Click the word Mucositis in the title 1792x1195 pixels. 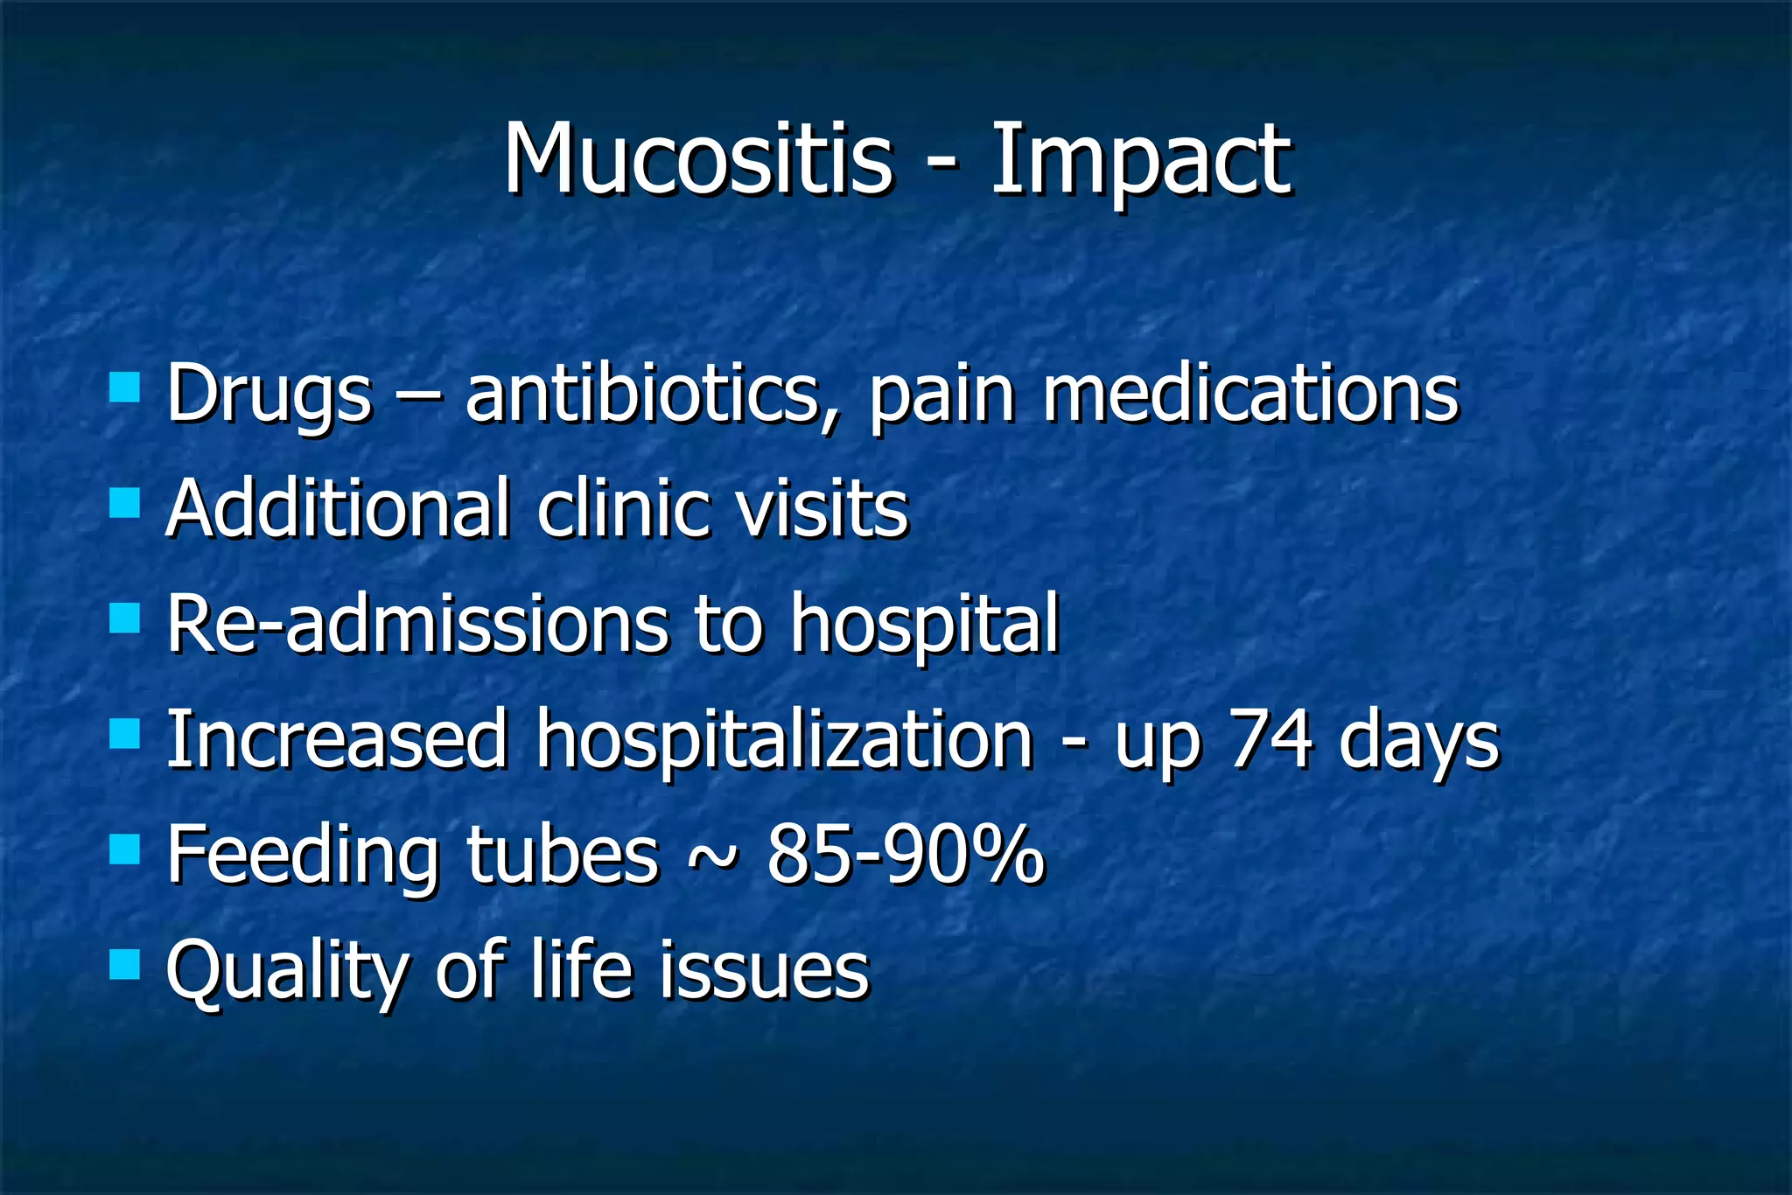[697, 159]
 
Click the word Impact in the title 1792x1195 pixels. [1139, 161]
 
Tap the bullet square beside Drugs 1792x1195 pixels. [125, 387]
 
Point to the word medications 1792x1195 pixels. [1250, 394]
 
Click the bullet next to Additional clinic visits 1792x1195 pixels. [125, 503]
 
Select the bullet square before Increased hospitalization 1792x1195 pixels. [125, 734]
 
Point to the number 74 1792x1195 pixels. [1270, 740]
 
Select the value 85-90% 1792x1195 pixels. [906, 855]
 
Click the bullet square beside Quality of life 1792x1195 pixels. [125, 965]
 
